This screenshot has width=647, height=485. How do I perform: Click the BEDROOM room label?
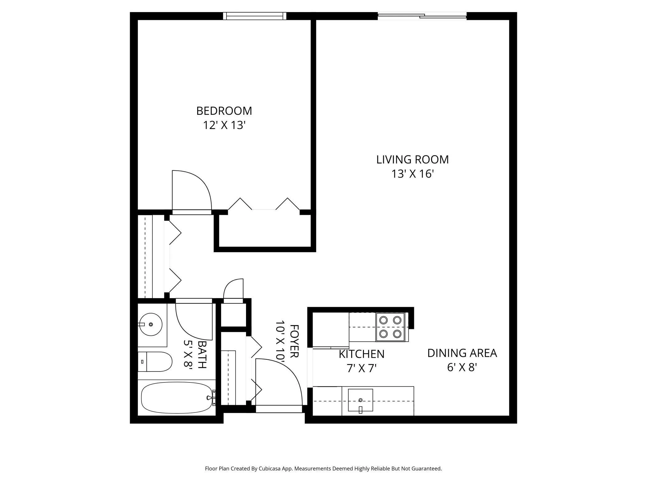(x=224, y=111)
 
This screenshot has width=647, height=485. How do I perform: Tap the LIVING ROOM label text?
(x=412, y=159)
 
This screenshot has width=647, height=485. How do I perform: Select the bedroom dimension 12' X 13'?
(x=224, y=125)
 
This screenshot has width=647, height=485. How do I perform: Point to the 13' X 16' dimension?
(x=412, y=174)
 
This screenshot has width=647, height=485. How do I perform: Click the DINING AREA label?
(x=462, y=353)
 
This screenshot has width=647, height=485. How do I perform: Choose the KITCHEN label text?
(x=361, y=354)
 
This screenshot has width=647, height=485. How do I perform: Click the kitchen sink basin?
(x=361, y=400)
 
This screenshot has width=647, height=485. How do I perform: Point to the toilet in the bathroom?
(x=155, y=362)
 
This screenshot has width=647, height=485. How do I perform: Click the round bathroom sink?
(x=151, y=325)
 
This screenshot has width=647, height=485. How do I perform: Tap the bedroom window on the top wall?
(x=255, y=16)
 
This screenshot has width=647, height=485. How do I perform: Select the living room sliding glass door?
(x=422, y=16)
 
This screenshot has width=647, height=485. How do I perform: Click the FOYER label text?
(x=294, y=341)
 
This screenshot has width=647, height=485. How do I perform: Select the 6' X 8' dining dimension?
(x=462, y=367)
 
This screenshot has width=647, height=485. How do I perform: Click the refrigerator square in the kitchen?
(x=331, y=330)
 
